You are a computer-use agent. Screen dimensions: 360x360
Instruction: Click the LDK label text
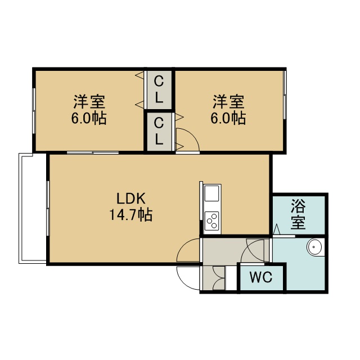[x=131, y=199]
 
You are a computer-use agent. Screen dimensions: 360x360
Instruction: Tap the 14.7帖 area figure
[x=130, y=215]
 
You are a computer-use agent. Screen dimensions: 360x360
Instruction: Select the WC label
[x=261, y=277]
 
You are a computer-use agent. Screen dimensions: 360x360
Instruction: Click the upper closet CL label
[x=159, y=89]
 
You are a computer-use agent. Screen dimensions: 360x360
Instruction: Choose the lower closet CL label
[x=159, y=131]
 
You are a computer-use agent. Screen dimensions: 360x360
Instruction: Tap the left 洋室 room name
[x=89, y=101]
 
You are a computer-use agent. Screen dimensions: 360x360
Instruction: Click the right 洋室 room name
[x=228, y=101]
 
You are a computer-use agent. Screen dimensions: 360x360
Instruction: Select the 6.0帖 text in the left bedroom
[x=89, y=118]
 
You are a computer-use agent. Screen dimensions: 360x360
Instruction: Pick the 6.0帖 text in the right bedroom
[x=228, y=118]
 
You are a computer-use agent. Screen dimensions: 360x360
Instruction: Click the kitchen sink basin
[x=211, y=193]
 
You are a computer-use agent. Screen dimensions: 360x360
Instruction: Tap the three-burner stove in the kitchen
[x=211, y=221]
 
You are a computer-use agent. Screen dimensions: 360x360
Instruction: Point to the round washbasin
[x=313, y=247]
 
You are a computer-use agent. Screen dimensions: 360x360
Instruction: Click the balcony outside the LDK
[x=33, y=208]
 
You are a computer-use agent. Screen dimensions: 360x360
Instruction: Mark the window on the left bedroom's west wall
[x=34, y=111]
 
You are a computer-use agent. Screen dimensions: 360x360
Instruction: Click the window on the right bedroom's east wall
[x=285, y=94]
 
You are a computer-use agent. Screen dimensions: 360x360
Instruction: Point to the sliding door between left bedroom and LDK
[x=93, y=152]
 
